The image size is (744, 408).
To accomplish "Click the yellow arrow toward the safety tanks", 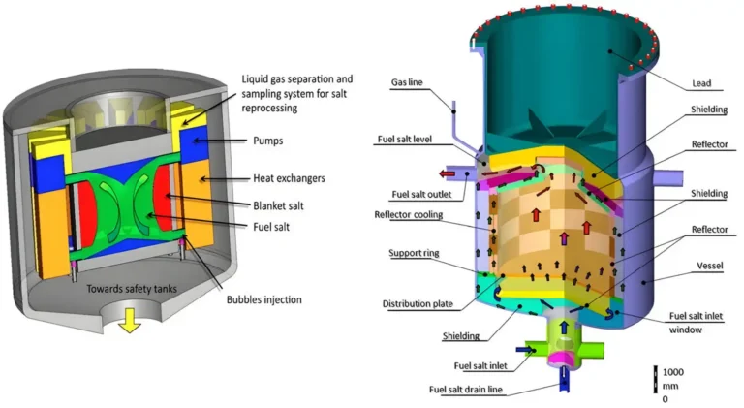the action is click(x=130, y=320).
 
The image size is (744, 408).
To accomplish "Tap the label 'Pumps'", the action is click(x=268, y=141).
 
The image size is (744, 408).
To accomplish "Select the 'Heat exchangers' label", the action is click(x=289, y=178).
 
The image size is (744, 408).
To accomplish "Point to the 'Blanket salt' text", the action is click(x=278, y=205).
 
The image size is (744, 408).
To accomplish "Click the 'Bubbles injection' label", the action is click(x=263, y=299).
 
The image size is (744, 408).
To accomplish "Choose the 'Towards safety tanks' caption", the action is click(x=132, y=289).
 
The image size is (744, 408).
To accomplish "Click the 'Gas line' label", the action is click(x=407, y=82).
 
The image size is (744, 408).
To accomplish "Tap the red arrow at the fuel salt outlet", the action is click(x=447, y=174).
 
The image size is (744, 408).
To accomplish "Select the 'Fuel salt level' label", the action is click(x=405, y=139).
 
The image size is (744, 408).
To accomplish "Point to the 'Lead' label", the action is click(x=701, y=83).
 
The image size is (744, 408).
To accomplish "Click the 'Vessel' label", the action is click(x=709, y=266).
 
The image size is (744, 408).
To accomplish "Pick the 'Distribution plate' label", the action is click(x=418, y=304).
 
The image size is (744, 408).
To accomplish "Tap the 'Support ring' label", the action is click(x=414, y=253).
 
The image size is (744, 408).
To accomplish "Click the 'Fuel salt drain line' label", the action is click(x=465, y=390).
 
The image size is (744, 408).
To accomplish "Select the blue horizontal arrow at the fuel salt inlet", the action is click(x=524, y=350).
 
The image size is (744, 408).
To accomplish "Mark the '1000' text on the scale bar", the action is click(x=673, y=372).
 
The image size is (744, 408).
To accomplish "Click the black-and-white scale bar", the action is click(x=655, y=379).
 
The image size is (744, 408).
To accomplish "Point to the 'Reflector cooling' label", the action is click(x=409, y=215).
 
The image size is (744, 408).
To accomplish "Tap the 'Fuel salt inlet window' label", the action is click(x=696, y=323).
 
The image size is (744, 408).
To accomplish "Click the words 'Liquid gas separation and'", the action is click(x=297, y=79).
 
